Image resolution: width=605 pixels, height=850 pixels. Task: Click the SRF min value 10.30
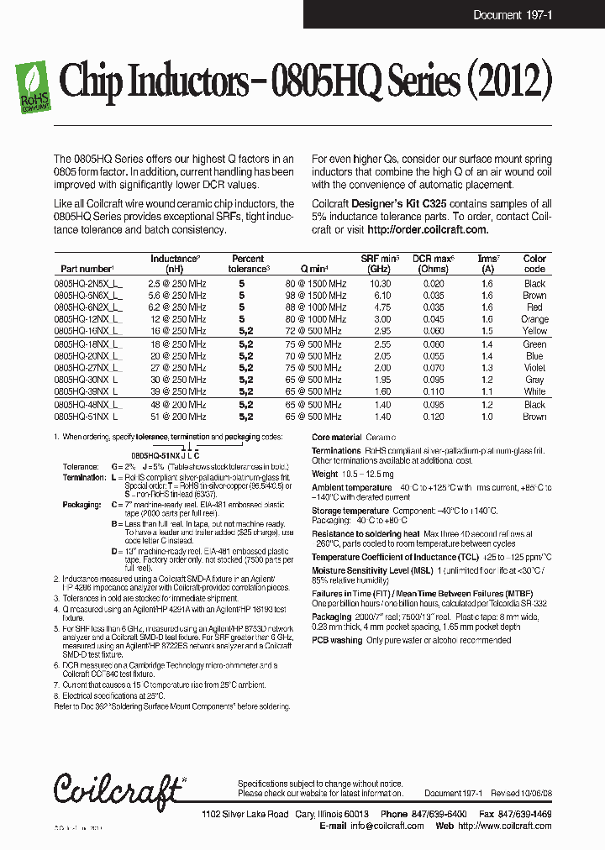coord(380,284)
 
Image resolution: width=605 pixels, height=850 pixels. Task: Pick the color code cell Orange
coord(534,319)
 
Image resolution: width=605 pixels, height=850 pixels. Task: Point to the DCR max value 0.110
coord(434,391)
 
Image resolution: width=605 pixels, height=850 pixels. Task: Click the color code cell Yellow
coord(534,331)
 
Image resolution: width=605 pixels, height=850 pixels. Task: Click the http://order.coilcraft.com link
coord(428,230)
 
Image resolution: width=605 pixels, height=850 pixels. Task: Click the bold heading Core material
coord(336,438)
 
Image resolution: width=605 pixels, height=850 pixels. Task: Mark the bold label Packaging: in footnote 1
coord(82,505)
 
